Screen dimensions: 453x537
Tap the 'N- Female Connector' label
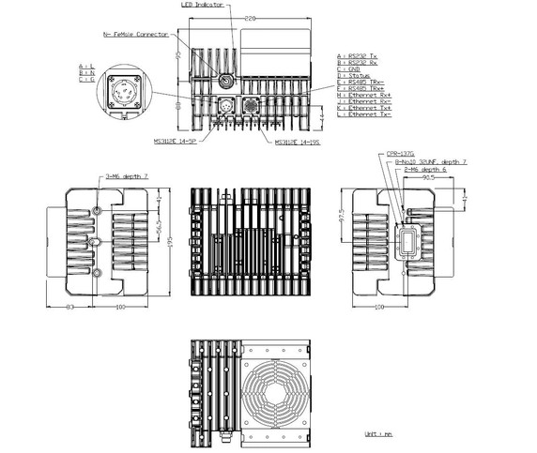137,34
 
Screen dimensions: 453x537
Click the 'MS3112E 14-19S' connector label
297,143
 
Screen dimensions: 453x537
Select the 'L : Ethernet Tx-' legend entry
370,114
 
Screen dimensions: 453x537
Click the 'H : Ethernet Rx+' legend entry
370,95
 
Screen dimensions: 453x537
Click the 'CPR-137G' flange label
401,153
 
